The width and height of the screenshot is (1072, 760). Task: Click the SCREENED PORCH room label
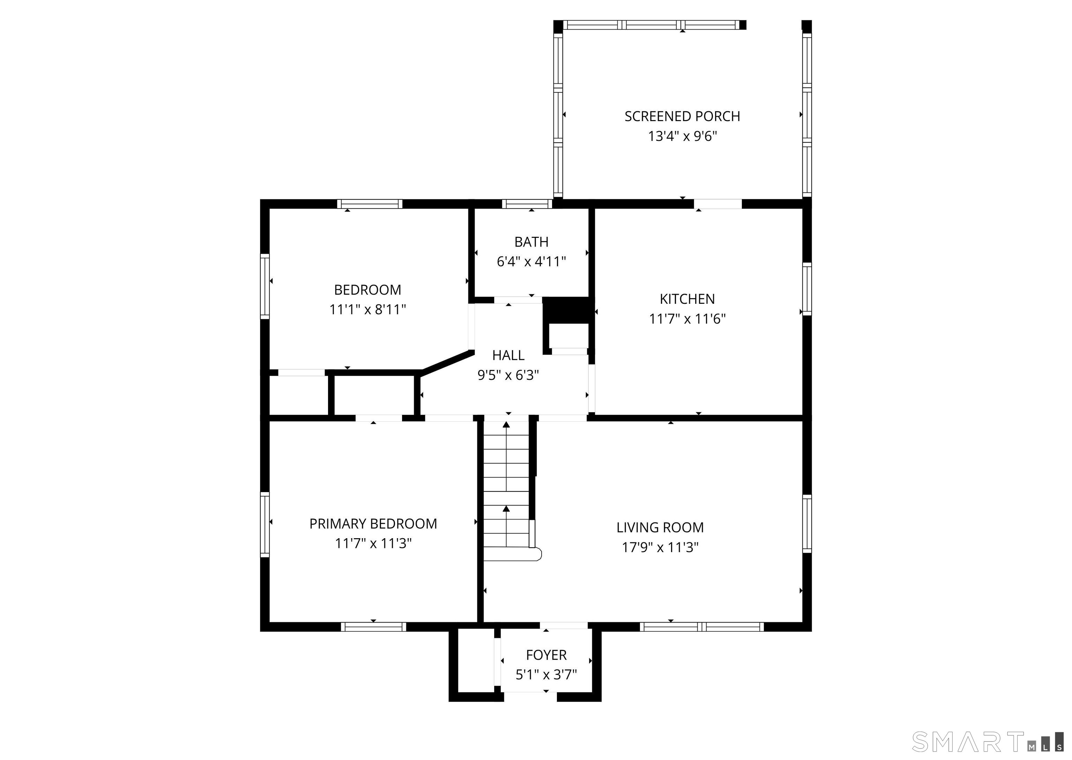(x=682, y=116)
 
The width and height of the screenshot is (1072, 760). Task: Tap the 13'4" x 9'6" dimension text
(x=683, y=136)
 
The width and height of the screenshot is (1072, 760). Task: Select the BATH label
(x=531, y=242)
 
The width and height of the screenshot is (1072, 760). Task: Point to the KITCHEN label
(x=687, y=299)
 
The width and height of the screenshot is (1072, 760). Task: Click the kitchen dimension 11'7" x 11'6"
(x=687, y=319)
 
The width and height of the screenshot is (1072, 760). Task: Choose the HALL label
(x=508, y=355)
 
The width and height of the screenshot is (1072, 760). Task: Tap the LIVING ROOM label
(x=660, y=527)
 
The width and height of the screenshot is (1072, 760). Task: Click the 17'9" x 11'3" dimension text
(x=660, y=547)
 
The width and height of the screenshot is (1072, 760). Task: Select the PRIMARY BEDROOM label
(x=373, y=524)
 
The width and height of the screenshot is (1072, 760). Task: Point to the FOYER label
(x=546, y=655)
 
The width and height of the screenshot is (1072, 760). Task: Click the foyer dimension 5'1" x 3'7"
(x=546, y=674)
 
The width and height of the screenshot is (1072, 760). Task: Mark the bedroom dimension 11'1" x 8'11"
(x=367, y=309)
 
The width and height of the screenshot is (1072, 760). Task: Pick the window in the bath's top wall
(x=527, y=204)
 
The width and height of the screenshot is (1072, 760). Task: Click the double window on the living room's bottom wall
(x=702, y=627)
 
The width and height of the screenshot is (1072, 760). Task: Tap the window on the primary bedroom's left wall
(x=265, y=524)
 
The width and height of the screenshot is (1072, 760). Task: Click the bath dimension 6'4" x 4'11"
(x=531, y=262)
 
